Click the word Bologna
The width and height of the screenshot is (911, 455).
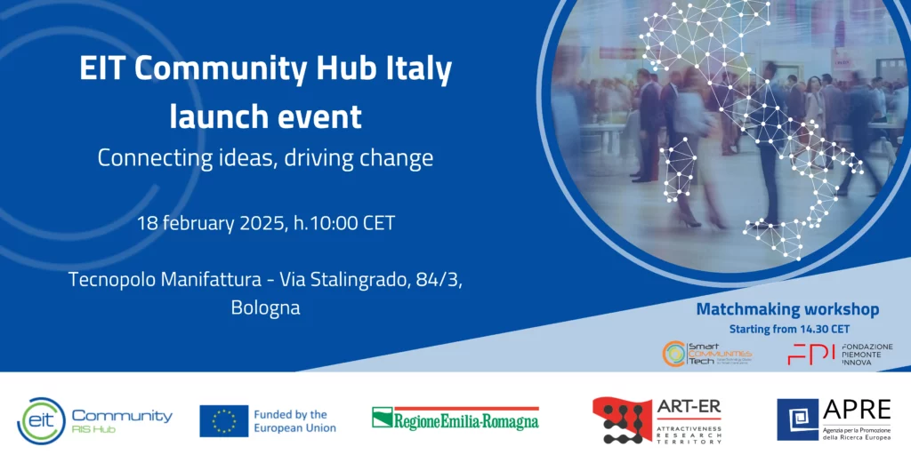click(x=265, y=308)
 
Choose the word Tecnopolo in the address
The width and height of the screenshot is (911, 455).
click(x=111, y=279)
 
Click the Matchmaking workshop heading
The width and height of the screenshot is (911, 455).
click(x=787, y=309)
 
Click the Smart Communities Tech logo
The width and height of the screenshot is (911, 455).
click(x=706, y=354)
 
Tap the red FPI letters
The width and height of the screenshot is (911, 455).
click(x=810, y=354)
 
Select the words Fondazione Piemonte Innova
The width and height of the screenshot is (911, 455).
click(x=867, y=354)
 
